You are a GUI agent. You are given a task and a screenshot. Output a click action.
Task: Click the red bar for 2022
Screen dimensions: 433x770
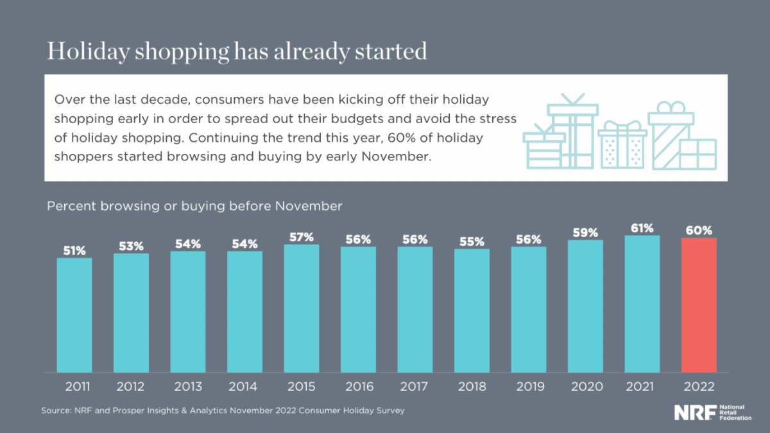point(698,305)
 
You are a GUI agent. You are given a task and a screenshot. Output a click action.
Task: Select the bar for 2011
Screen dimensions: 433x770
point(74,315)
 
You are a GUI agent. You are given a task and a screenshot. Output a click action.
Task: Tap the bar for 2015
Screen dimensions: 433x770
point(302,309)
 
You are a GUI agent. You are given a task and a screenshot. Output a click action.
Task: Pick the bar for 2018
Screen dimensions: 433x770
point(472,310)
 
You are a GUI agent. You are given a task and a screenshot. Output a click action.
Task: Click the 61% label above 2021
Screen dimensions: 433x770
point(642,228)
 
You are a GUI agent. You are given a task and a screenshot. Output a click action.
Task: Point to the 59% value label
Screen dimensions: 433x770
point(585,232)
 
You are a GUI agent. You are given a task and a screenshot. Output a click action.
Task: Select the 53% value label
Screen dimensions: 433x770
point(131,246)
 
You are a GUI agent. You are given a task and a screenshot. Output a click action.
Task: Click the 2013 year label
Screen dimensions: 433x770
point(188,387)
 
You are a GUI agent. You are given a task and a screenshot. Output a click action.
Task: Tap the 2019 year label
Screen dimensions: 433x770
point(529,387)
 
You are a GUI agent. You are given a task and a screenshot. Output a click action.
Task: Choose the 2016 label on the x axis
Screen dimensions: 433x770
point(358,387)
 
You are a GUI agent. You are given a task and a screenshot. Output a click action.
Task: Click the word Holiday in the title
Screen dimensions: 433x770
point(87,51)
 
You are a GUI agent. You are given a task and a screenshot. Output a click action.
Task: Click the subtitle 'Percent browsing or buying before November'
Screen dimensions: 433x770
point(194,206)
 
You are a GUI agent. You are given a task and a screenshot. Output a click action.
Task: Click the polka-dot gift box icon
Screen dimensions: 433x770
point(621,148)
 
